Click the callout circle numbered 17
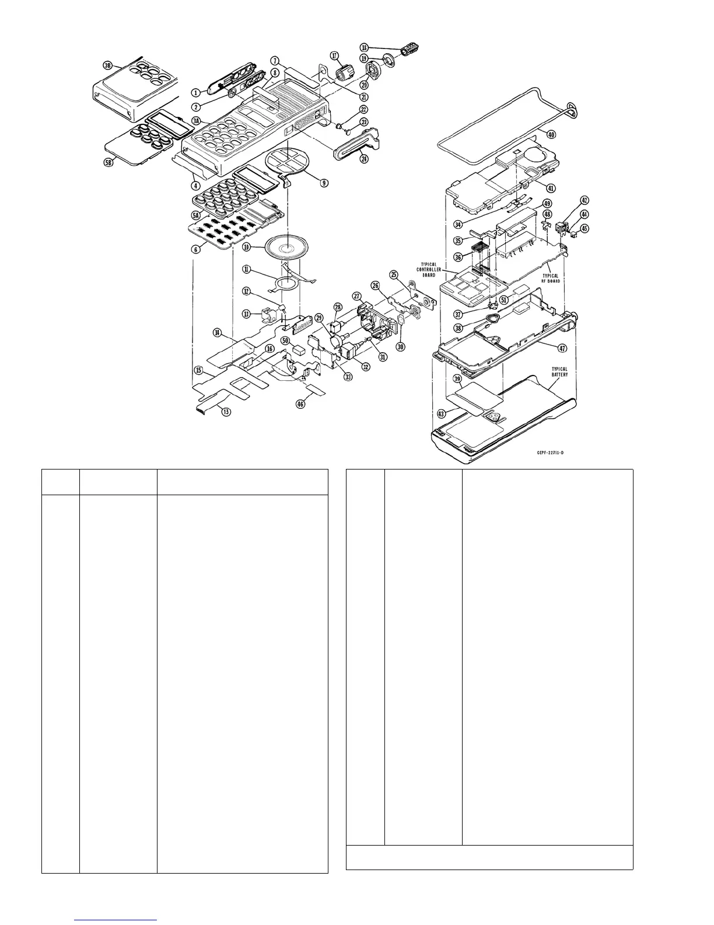click(x=335, y=55)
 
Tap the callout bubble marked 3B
click(x=108, y=65)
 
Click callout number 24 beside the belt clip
click(x=364, y=158)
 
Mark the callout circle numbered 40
click(x=551, y=134)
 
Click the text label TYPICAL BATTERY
click(x=559, y=371)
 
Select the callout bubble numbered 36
click(x=458, y=256)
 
